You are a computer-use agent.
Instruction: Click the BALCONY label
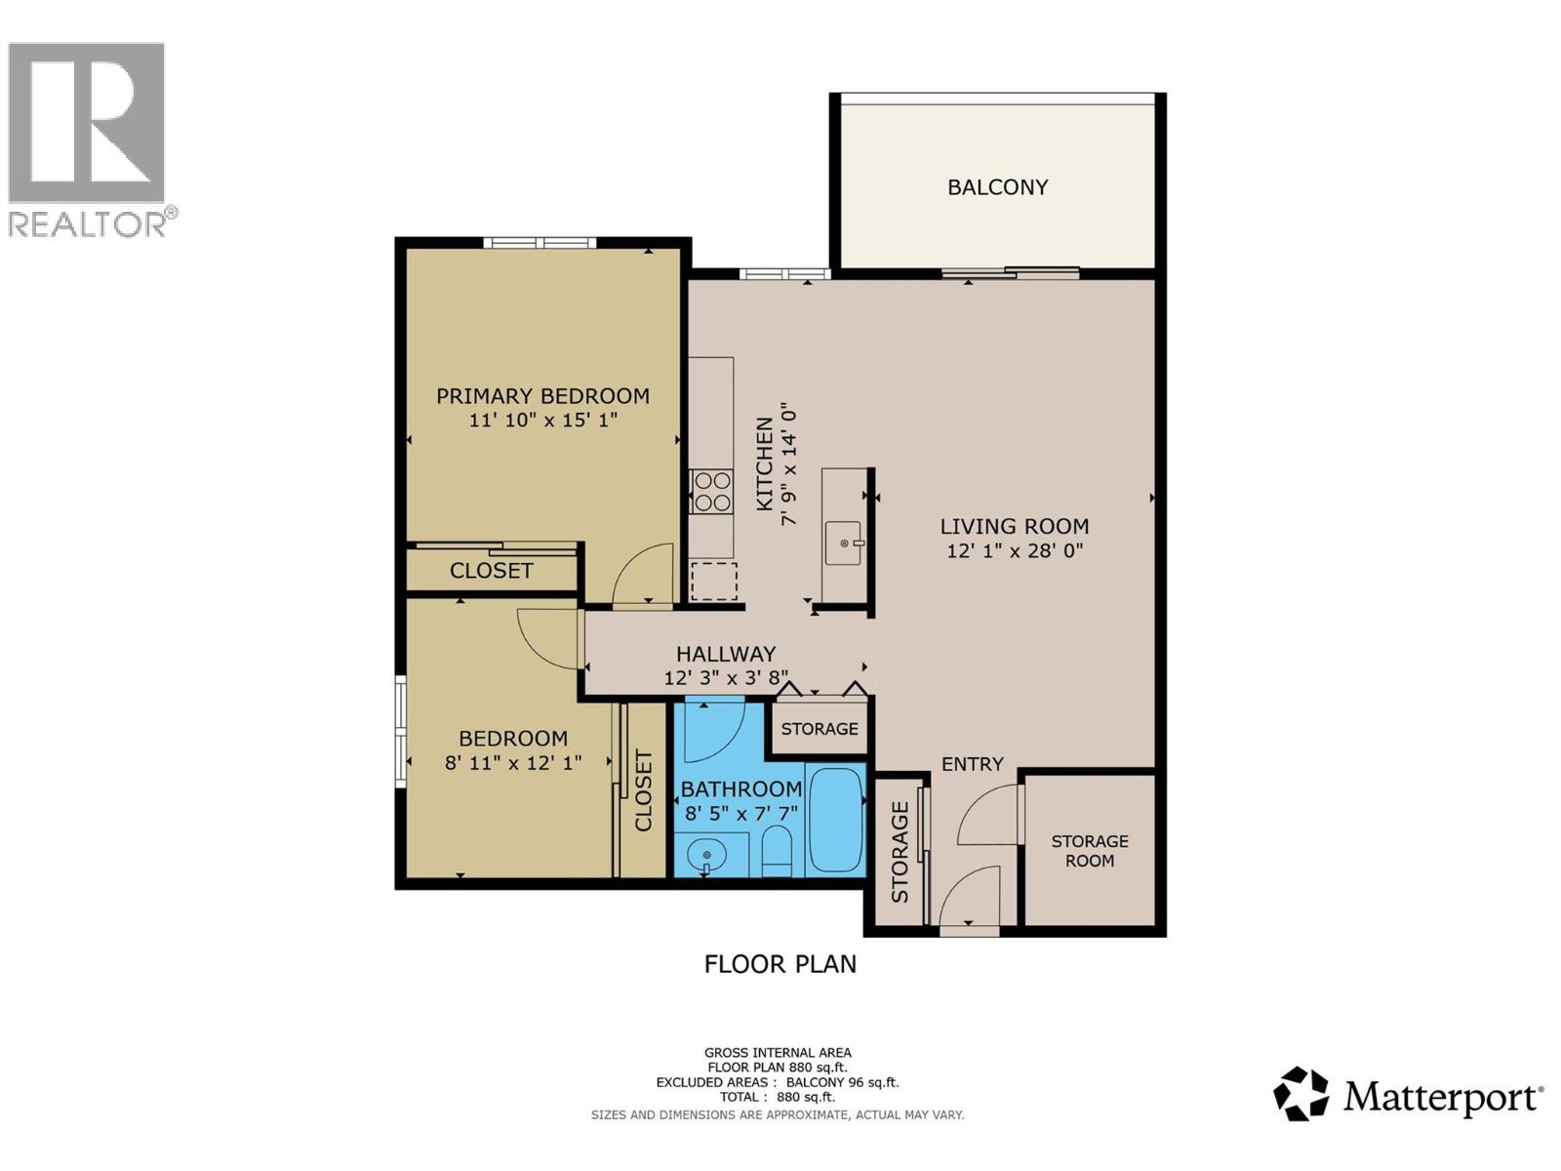[x=997, y=186]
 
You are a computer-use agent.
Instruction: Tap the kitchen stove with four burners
[x=711, y=492]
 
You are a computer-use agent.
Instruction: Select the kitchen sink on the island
[x=843, y=543]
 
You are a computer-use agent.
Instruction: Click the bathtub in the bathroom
[x=836, y=821]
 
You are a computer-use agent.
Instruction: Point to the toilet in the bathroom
[x=777, y=851]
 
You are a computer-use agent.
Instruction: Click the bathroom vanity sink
[x=706, y=857]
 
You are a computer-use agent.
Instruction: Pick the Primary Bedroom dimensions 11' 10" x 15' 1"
[x=543, y=421]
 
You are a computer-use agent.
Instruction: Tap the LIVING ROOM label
[x=1014, y=526]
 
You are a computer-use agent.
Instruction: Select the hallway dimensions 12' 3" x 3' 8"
[x=726, y=677]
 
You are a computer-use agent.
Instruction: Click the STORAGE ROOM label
[x=1089, y=851]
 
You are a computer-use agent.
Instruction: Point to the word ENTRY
[x=972, y=764]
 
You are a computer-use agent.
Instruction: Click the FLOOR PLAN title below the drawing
[x=780, y=964]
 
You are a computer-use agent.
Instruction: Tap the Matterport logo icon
[x=1301, y=1094]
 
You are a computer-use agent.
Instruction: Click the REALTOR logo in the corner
[x=88, y=137]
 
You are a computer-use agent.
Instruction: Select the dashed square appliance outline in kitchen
[x=713, y=582]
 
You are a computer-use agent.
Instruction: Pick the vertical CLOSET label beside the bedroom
[x=644, y=789]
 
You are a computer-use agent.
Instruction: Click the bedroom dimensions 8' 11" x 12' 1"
[x=513, y=763]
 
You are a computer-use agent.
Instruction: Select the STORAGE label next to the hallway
[x=819, y=729]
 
